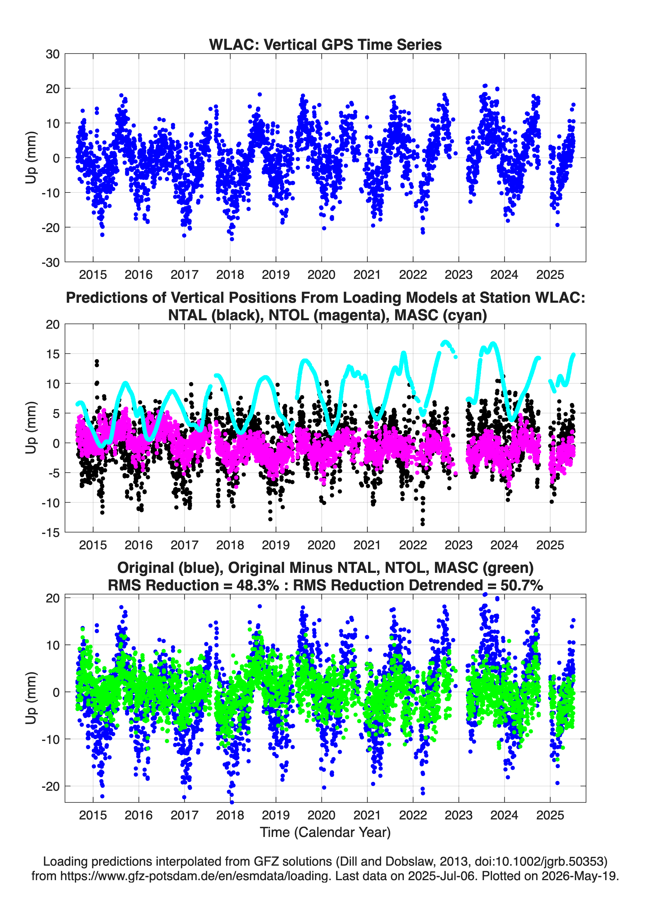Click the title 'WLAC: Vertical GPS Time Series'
coord(325,44)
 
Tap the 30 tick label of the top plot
coord(53,54)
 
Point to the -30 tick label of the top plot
coord(50,263)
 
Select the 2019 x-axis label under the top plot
coord(276,275)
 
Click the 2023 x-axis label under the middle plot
coord(459,545)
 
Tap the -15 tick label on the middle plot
coord(50,533)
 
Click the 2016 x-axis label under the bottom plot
coord(139,815)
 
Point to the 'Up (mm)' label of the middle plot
coord(31,428)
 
